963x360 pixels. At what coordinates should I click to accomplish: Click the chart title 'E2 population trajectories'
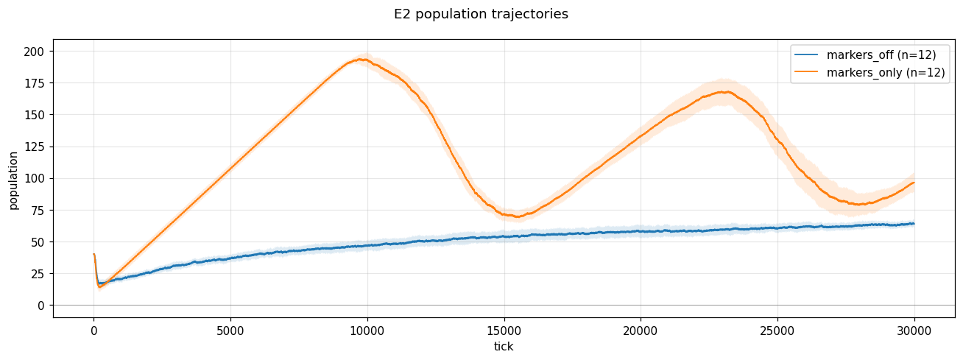click(x=481, y=14)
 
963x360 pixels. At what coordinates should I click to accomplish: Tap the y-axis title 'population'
click(x=14, y=180)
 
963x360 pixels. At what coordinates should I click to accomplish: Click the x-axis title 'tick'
click(x=504, y=346)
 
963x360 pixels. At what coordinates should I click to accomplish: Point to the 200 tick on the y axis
click(x=35, y=52)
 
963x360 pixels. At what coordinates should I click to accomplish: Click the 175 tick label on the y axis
click(x=35, y=83)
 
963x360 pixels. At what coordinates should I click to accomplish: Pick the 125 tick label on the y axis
click(x=35, y=147)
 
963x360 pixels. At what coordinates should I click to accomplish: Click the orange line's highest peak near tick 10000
click(x=361, y=59)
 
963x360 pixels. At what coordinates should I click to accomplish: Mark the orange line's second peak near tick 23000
click(x=725, y=92)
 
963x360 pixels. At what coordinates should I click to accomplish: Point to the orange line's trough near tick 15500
click(x=518, y=217)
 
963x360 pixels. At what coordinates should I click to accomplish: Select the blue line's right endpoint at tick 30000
click(x=914, y=224)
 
